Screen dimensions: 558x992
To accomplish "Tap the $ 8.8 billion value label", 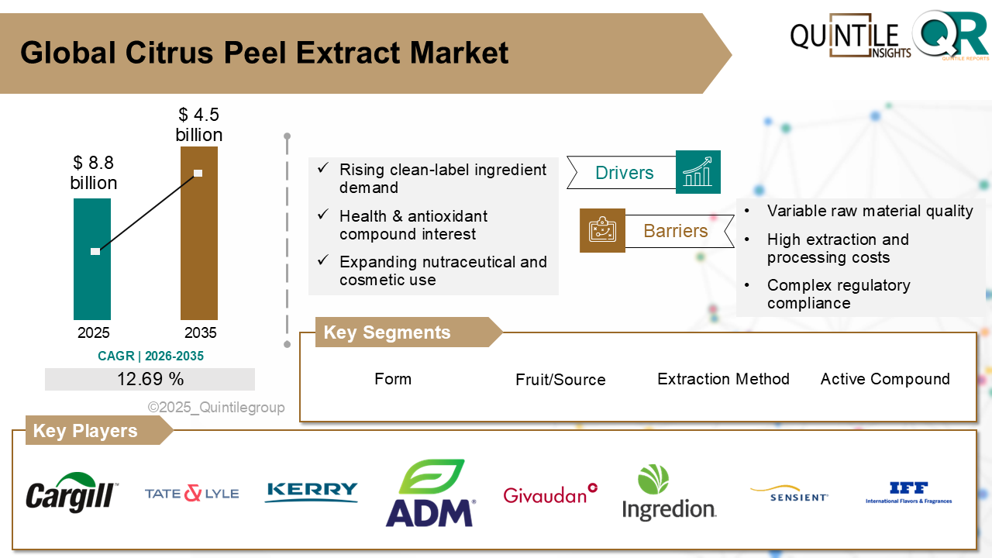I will (94, 173).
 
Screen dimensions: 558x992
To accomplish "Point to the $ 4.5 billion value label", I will (199, 125).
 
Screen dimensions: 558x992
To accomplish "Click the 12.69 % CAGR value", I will (150, 379).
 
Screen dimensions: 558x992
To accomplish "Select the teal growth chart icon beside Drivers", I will (697, 172).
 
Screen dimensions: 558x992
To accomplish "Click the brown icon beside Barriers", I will (602, 230).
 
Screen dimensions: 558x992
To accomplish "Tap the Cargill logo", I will (72, 492).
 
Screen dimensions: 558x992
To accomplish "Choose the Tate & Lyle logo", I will (191, 493).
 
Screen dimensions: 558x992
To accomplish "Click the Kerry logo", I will (312, 492).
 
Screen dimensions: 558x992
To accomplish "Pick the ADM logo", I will (431, 494).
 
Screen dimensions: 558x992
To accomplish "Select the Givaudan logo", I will (550, 494).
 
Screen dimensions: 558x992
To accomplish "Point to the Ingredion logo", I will (670, 493).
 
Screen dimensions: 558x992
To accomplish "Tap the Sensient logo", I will (789, 494).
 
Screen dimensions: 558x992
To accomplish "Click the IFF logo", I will (908, 493).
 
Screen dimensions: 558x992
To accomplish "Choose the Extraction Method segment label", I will (723, 379).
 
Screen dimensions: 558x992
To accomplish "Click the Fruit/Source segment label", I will (560, 380).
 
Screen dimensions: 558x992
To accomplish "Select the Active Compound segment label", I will (885, 379).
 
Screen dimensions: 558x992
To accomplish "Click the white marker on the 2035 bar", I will (198, 173).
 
